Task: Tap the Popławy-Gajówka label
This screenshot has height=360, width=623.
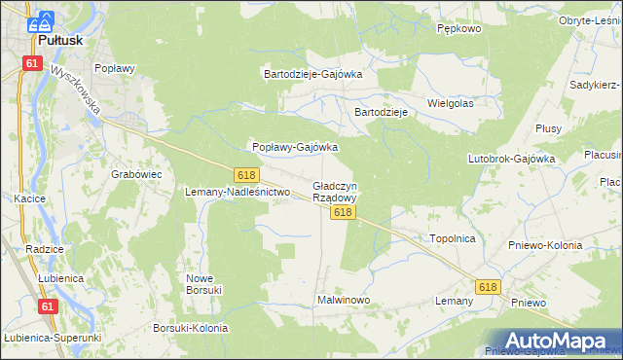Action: [295, 147]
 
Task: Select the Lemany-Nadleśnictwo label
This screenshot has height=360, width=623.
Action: [238, 192]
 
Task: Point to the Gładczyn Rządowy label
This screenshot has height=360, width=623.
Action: [335, 191]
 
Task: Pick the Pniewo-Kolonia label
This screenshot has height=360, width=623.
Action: [545, 245]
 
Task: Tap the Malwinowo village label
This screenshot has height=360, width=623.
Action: [344, 300]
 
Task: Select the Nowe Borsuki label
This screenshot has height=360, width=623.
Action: [204, 283]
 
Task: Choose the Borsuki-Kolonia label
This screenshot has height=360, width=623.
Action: [191, 328]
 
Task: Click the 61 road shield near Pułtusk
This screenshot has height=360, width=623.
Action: [33, 63]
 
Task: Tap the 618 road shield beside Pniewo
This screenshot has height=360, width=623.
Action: [488, 286]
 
